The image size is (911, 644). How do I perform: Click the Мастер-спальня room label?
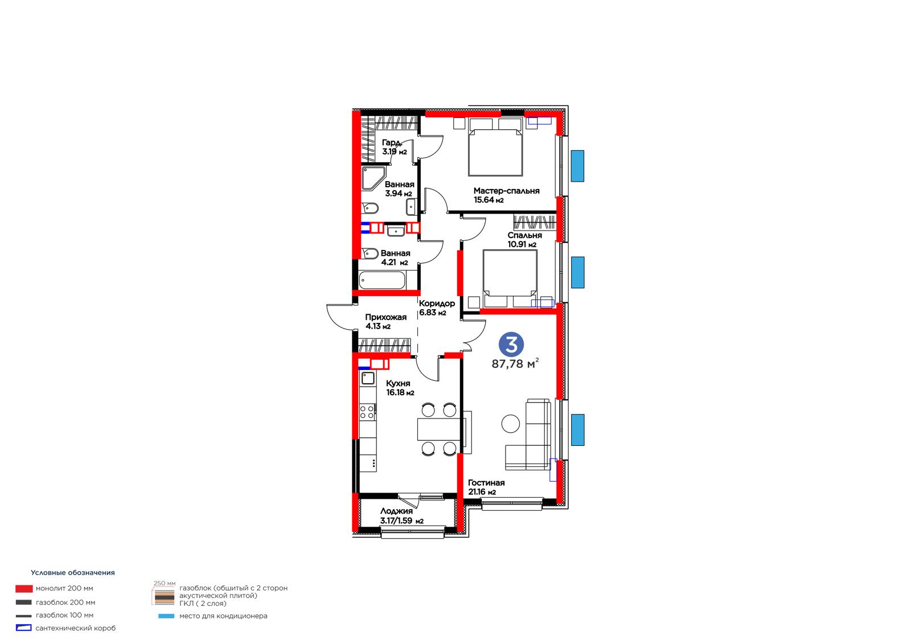(506, 191)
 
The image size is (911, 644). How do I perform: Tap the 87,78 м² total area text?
(515, 363)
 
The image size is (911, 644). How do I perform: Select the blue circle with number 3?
(511, 344)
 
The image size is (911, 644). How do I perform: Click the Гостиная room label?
(486, 482)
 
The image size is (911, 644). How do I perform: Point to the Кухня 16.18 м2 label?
(400, 388)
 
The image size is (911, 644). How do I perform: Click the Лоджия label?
(396, 511)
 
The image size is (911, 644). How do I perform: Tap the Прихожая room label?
(385, 317)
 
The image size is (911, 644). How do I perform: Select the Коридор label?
(437, 303)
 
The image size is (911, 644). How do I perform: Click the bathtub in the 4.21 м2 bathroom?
(382, 280)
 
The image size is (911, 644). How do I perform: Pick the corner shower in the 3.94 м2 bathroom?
(372, 178)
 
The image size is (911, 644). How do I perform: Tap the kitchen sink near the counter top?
(368, 378)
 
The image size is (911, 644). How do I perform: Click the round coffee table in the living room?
(510, 424)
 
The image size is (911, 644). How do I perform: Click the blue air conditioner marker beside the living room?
(577, 429)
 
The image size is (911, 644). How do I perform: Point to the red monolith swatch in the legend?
(24, 589)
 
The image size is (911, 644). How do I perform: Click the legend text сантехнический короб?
(76, 628)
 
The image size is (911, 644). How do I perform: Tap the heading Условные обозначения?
(73, 572)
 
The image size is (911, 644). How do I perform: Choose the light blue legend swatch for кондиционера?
(166, 616)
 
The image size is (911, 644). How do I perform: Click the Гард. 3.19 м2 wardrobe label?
(393, 147)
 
